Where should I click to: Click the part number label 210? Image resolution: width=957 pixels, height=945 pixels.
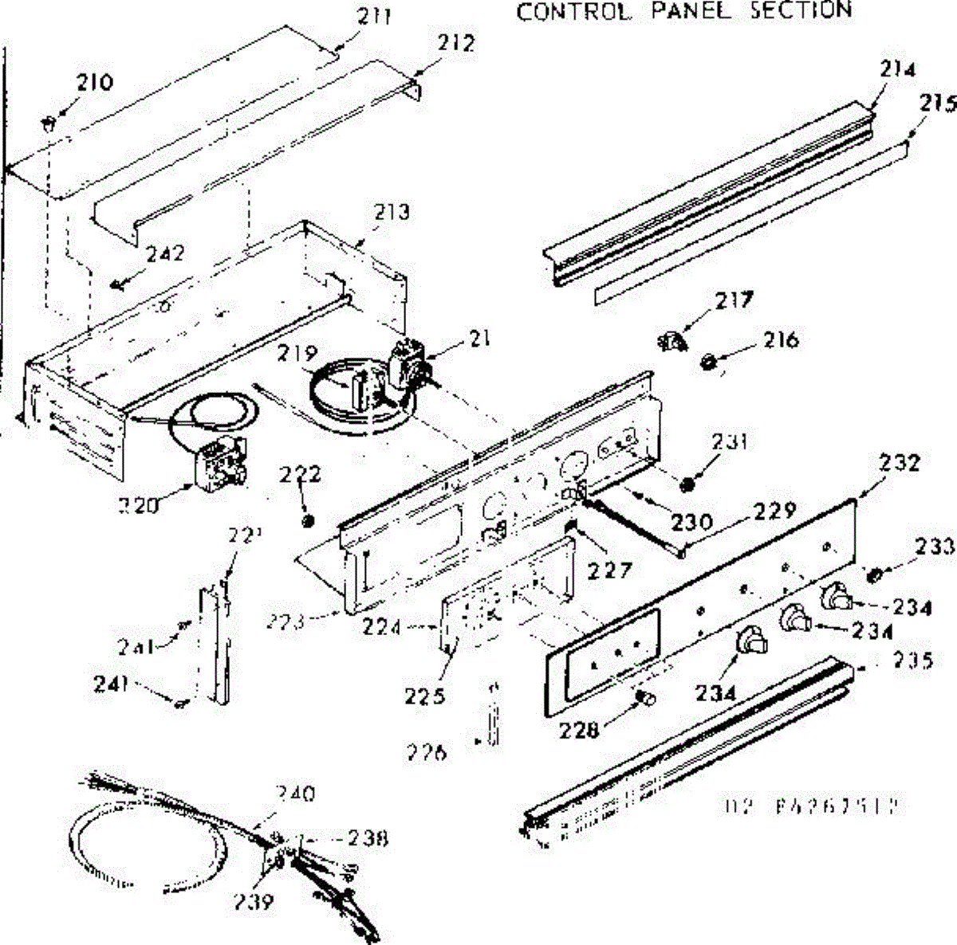coord(95,81)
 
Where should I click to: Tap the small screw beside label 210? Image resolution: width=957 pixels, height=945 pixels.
coord(48,121)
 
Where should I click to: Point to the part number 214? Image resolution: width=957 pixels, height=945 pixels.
coord(898,69)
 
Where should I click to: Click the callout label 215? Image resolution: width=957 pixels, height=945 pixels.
coord(938,103)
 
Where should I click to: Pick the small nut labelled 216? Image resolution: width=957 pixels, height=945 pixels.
coord(707,363)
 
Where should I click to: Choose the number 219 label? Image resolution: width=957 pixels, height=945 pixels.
coord(298,354)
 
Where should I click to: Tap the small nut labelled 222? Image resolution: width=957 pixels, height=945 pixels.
coord(308,521)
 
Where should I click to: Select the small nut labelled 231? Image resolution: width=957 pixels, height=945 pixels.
coord(688,484)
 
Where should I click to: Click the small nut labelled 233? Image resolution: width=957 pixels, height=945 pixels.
coord(873,574)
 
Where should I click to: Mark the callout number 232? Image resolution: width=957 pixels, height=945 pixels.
coord(900,462)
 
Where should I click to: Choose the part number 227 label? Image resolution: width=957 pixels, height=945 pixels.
coord(610,570)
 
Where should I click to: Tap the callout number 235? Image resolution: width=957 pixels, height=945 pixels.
coord(912,661)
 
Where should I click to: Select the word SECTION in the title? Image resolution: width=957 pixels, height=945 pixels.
coord(801,10)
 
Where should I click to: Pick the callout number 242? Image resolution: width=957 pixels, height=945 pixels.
coord(165,253)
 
